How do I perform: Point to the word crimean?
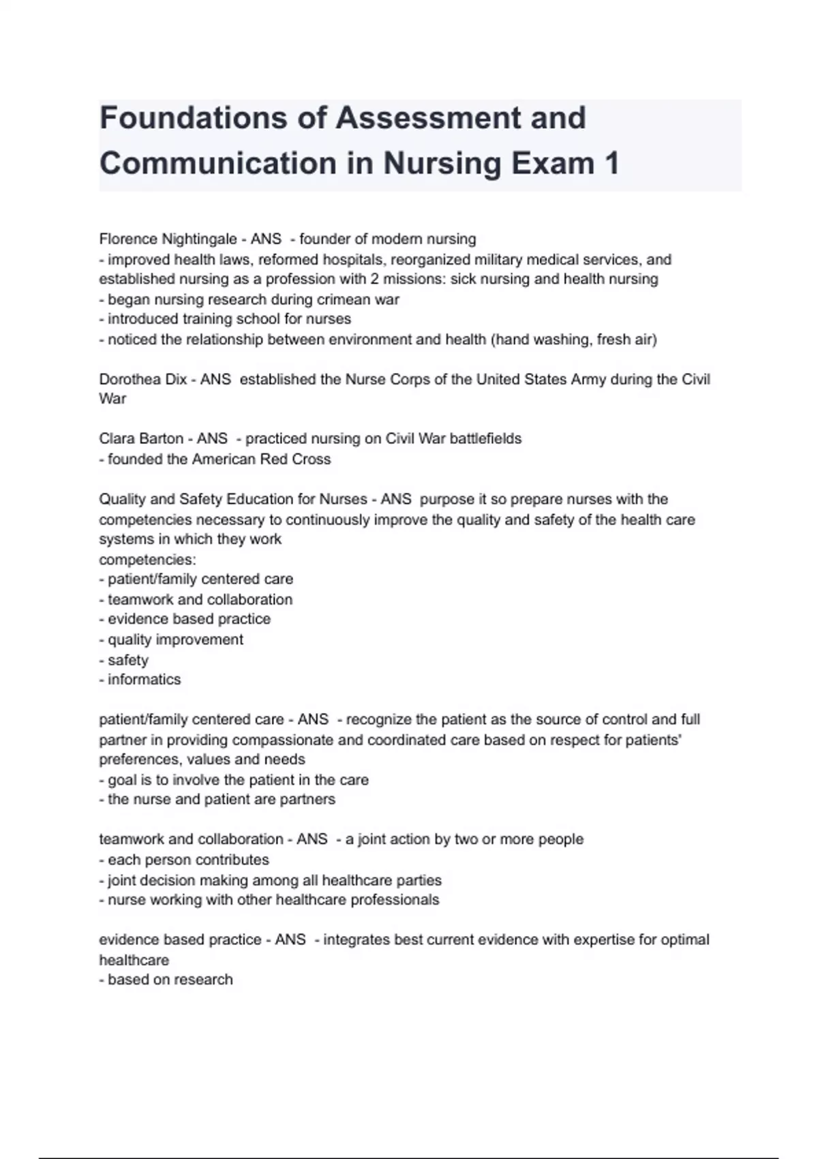tap(341, 299)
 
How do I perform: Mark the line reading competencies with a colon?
tap(147, 560)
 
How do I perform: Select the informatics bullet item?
tap(140, 680)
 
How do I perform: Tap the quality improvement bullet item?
tap(171, 639)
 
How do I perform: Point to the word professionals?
tap(395, 900)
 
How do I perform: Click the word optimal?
tap(682, 939)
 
